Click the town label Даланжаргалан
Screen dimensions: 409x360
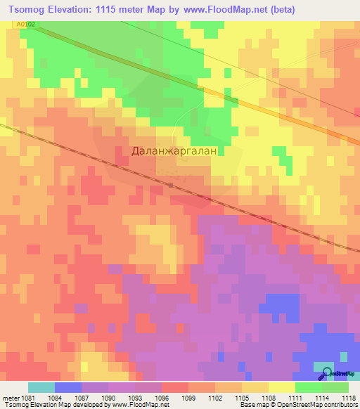point(179,150)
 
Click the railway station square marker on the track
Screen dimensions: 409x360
point(171,185)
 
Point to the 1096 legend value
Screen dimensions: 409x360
point(163,398)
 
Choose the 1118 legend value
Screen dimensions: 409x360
point(349,398)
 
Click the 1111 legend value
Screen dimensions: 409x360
point(296,398)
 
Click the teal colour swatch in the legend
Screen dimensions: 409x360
point(41,387)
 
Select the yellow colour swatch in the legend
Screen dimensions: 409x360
point(281,387)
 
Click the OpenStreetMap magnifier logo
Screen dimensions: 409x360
point(325,374)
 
